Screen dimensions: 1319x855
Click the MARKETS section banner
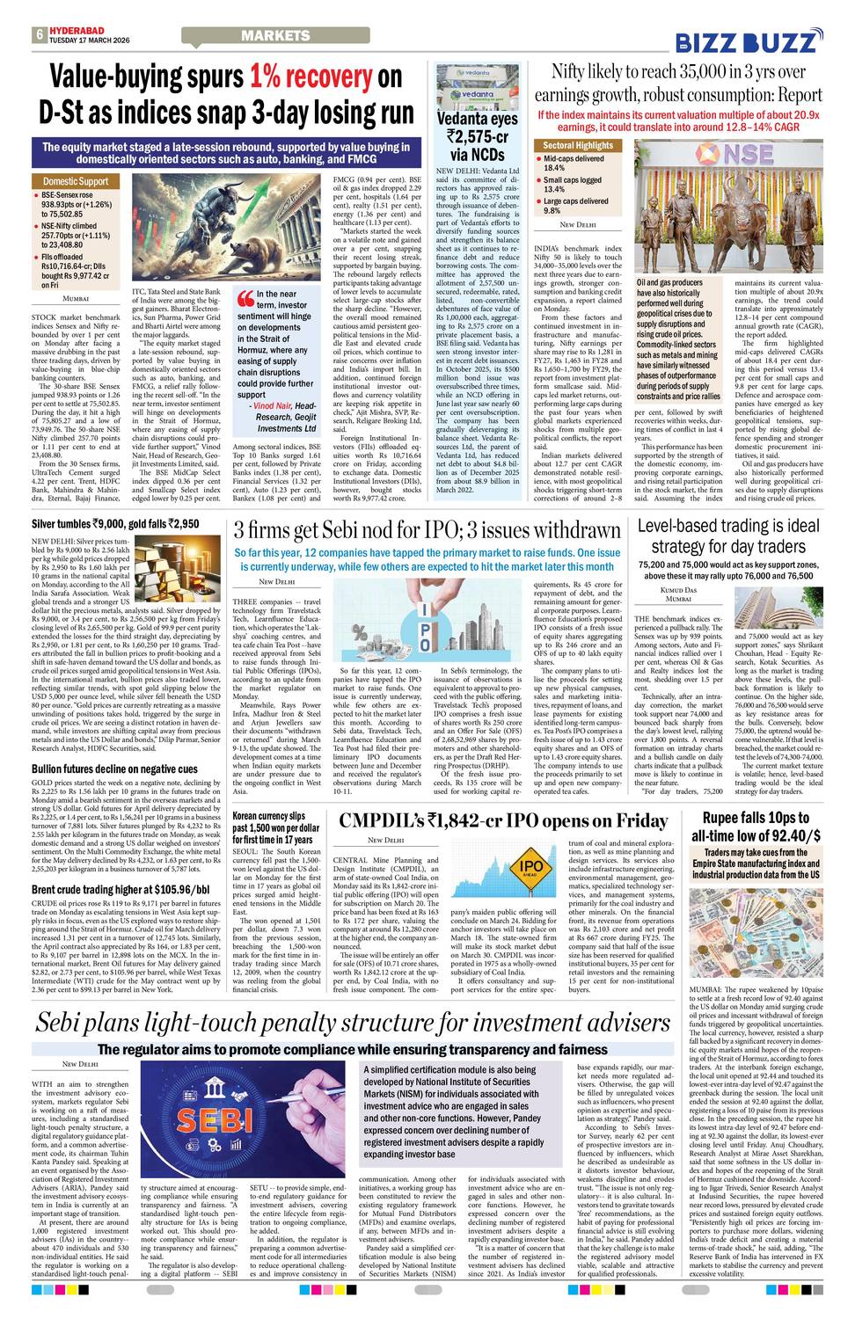[x=275, y=36]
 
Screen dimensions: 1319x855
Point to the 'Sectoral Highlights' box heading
[x=578, y=145]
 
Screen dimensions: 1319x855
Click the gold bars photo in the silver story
[x=179, y=563]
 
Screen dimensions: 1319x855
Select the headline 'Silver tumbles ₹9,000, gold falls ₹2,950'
[x=115, y=524]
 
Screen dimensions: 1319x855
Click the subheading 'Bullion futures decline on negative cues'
[x=114, y=769]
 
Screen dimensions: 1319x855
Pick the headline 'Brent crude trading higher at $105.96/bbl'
[x=120, y=889]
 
